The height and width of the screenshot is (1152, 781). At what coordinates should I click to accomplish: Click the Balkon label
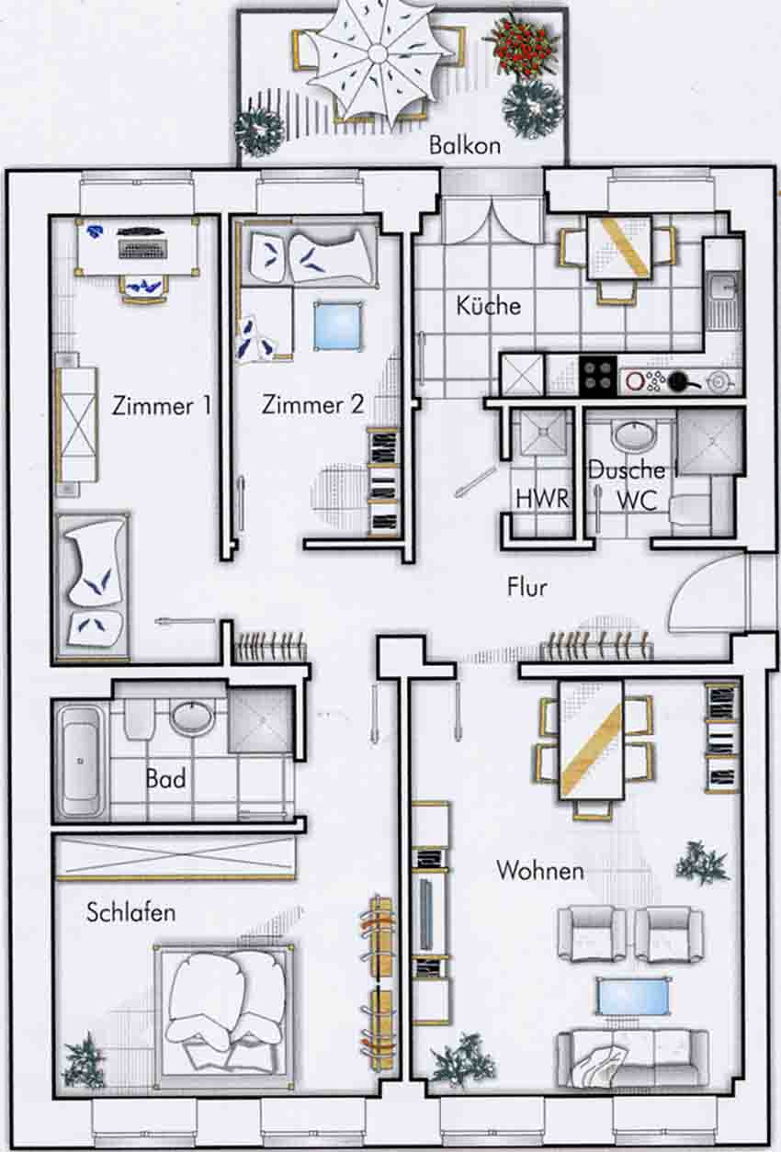click(x=465, y=145)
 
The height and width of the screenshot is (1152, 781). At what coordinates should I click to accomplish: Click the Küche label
click(x=488, y=306)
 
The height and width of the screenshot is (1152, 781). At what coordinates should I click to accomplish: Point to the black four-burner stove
click(x=598, y=377)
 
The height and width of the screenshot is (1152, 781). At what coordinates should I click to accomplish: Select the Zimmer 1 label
click(x=161, y=406)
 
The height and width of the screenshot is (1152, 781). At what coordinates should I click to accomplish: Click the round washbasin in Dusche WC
click(x=633, y=436)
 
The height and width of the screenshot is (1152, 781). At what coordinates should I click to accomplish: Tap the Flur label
click(x=526, y=587)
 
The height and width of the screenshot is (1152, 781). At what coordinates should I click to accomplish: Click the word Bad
click(x=165, y=779)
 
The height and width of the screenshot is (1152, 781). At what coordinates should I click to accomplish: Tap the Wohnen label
click(x=539, y=870)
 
